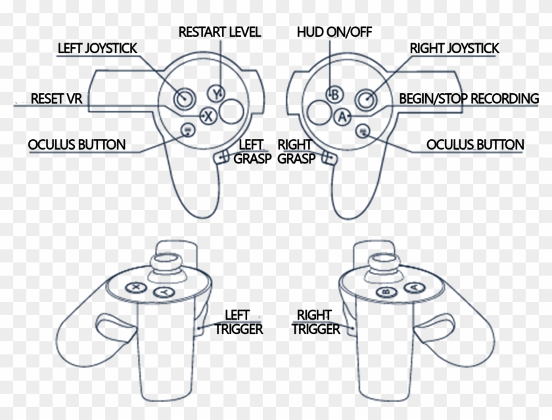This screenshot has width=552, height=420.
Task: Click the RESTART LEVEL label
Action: click(x=219, y=31)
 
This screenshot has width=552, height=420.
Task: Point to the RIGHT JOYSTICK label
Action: click(x=454, y=49)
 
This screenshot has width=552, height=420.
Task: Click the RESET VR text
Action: click(x=56, y=99)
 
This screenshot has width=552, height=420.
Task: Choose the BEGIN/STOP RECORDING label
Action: click(x=469, y=99)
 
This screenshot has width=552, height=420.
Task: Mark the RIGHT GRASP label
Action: click(x=294, y=151)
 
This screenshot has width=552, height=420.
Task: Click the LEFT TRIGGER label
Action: click(x=239, y=322)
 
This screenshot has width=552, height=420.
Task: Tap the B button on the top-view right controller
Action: click(x=334, y=94)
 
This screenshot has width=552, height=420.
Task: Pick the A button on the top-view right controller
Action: click(x=341, y=117)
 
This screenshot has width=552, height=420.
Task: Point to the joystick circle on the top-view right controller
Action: click(x=366, y=99)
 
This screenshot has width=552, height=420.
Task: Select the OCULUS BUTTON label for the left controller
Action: click(x=76, y=144)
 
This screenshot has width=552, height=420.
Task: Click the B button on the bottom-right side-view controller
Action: click(x=385, y=291)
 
